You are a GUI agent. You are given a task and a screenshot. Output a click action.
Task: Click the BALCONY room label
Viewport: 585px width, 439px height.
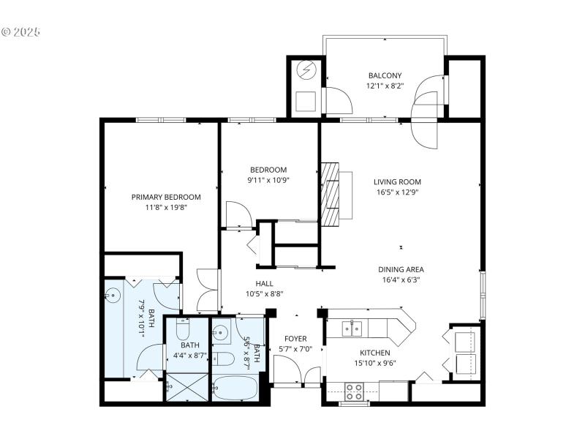tap(385, 75)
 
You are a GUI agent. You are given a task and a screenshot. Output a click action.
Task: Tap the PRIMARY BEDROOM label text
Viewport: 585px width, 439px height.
tap(166, 197)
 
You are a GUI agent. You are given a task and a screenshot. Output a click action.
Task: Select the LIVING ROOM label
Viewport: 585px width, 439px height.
tap(397, 182)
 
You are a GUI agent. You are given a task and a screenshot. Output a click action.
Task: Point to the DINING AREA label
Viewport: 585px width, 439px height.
tap(401, 269)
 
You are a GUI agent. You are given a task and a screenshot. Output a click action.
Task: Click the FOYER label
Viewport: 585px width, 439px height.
tap(295, 339)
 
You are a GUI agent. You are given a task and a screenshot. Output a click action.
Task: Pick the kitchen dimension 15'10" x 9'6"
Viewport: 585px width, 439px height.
tap(374, 362)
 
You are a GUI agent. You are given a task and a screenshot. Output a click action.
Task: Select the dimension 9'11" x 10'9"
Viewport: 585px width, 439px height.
tap(268, 180)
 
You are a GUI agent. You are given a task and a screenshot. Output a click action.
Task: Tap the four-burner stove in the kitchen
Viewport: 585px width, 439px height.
tap(355, 391)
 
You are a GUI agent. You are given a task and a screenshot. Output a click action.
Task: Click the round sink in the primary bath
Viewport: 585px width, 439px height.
tap(113, 296)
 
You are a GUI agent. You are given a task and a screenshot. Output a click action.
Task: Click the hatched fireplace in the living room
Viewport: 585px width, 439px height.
tap(332, 194)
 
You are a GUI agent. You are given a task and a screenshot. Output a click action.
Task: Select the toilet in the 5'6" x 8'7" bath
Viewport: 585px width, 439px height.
tap(224, 359)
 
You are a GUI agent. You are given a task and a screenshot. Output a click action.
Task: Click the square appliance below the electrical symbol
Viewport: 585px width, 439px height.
tap(306, 100)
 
